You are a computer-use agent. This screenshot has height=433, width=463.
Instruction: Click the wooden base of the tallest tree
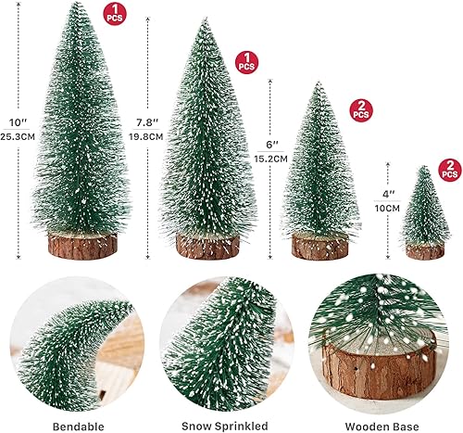(81, 243)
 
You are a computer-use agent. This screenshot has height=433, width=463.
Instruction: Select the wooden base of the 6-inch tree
(319, 246)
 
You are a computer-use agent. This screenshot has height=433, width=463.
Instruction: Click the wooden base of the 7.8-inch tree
(206, 246)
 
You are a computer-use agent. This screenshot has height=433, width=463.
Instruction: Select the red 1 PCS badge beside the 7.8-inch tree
(246, 62)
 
